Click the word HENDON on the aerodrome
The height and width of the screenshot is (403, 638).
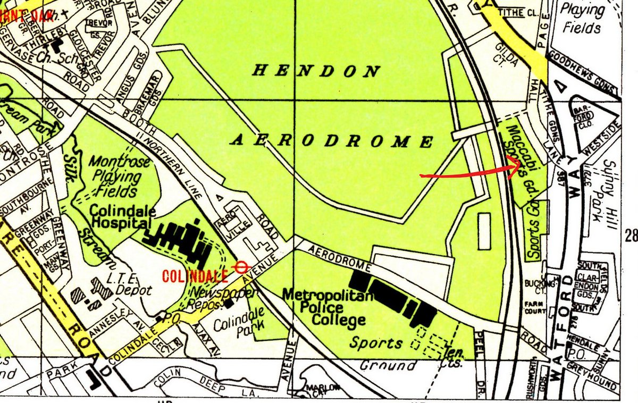316,71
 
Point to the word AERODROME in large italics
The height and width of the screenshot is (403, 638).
332,141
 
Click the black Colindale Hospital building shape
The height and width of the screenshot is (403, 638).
178,242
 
